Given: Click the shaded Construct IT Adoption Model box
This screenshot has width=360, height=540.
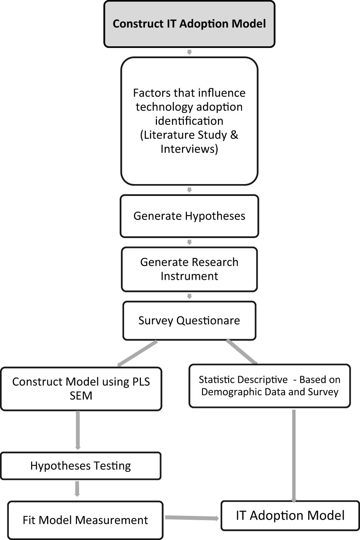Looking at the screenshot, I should [189, 24].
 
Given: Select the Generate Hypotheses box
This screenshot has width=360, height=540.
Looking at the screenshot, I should [189, 216].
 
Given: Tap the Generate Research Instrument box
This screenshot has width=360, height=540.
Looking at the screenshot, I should [189, 269].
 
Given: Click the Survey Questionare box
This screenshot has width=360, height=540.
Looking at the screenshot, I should [189, 320].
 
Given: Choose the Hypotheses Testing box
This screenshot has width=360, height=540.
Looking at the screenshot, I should [80, 466].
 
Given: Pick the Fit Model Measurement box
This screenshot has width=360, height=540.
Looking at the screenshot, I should [85, 520].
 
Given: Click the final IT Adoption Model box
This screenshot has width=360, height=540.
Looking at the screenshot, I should [290, 516].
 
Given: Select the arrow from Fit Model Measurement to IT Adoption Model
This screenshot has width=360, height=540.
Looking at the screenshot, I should [192, 518].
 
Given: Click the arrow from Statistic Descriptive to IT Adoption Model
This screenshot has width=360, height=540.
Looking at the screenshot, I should [294, 455].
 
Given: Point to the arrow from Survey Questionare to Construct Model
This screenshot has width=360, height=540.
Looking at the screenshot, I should [137, 353].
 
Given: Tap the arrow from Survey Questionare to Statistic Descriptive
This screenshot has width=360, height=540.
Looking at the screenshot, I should [242, 351].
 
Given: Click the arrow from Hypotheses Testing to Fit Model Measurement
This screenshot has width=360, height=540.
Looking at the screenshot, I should [77, 489].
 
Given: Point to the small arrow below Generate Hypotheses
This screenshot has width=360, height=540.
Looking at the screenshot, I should [189, 242].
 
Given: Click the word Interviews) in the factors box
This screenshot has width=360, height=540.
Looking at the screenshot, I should [189, 149].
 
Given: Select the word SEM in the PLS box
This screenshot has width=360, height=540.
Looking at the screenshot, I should [81, 396].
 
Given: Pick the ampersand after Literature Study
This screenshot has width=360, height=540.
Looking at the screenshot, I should [234, 135].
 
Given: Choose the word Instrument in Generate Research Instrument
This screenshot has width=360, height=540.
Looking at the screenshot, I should [189, 276].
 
